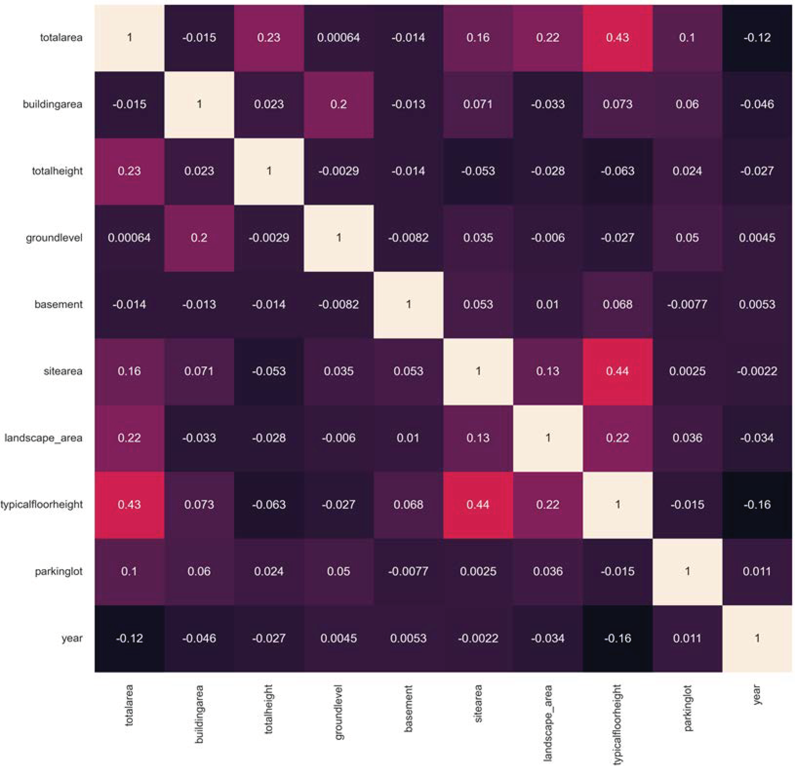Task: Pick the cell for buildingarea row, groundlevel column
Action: coord(338,104)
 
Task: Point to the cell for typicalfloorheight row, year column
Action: coord(757,505)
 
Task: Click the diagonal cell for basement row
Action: coord(408,304)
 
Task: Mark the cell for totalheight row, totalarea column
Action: coord(129,171)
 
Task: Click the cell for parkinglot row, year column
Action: coord(757,571)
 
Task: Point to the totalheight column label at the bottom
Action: coord(269,709)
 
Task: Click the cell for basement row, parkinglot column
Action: coord(687,304)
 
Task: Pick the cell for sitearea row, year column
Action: coord(757,371)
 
